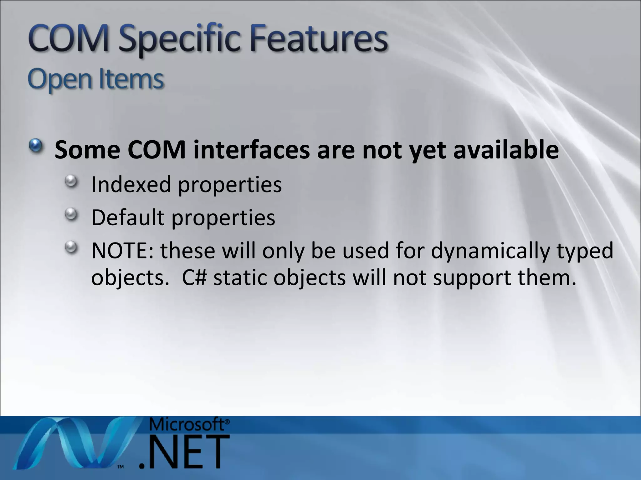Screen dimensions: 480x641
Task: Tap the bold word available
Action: pyautogui.click(x=506, y=150)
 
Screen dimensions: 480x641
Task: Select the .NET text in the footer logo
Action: pyautogui.click(x=185, y=452)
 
